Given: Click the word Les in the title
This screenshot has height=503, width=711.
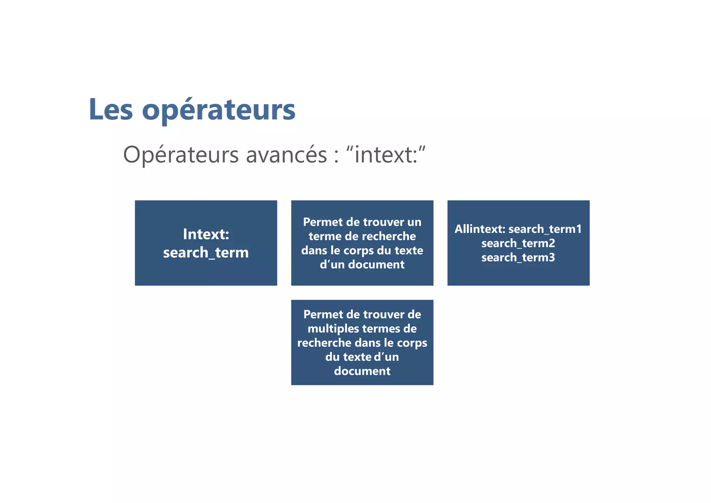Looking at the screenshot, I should click(x=111, y=110).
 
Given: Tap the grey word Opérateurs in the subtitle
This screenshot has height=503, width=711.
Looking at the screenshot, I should click(x=181, y=155).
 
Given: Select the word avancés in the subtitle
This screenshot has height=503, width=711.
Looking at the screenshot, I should click(x=286, y=155).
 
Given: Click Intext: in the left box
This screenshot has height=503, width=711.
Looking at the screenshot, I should click(x=206, y=234).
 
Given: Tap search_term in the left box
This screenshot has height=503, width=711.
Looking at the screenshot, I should click(x=206, y=253).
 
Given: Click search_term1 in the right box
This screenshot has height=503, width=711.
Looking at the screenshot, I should click(x=545, y=229).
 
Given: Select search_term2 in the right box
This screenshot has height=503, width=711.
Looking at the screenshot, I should click(x=518, y=244).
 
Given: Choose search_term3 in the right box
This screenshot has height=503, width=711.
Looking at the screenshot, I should click(x=518, y=258).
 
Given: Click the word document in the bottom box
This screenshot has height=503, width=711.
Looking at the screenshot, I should click(x=362, y=371).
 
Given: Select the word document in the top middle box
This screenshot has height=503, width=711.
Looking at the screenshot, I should click(x=376, y=265).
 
